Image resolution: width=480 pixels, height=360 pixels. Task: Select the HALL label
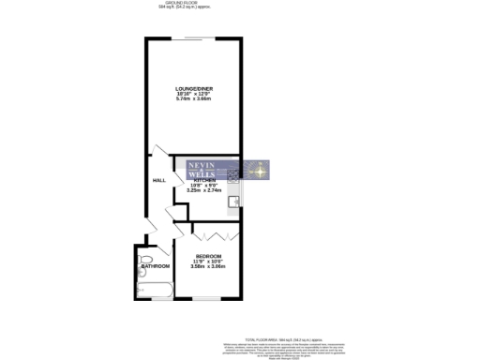(158, 181)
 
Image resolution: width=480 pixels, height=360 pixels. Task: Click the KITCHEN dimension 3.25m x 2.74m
(204, 190)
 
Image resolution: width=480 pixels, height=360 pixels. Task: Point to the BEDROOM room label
(208, 256)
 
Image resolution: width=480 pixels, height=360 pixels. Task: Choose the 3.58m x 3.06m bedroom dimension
(208, 266)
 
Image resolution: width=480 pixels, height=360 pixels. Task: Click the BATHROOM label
(155, 266)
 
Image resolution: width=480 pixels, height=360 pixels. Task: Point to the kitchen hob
(234, 176)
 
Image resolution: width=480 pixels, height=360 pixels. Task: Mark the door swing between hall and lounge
(161, 151)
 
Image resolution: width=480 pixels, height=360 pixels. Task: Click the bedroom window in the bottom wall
(198, 299)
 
